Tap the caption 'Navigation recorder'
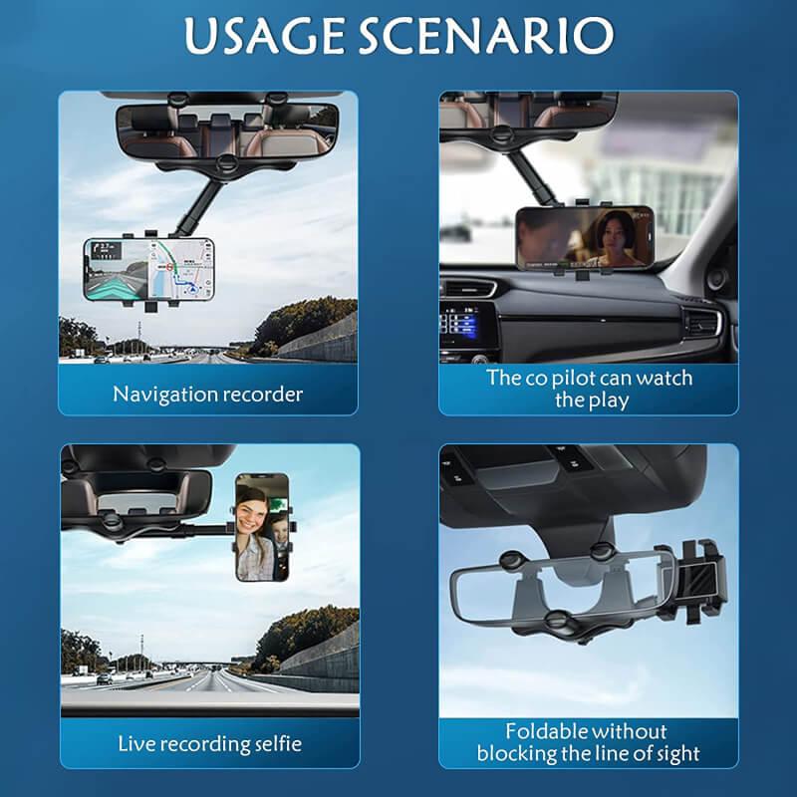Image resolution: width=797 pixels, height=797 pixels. pos(207,394)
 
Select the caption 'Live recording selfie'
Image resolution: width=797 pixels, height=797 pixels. pos(209,743)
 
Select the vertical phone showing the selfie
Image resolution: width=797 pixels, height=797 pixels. pos(263,528)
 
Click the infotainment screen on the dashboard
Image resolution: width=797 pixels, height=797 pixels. pos(460,324)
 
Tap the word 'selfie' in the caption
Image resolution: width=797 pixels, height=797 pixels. pos(276,743)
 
